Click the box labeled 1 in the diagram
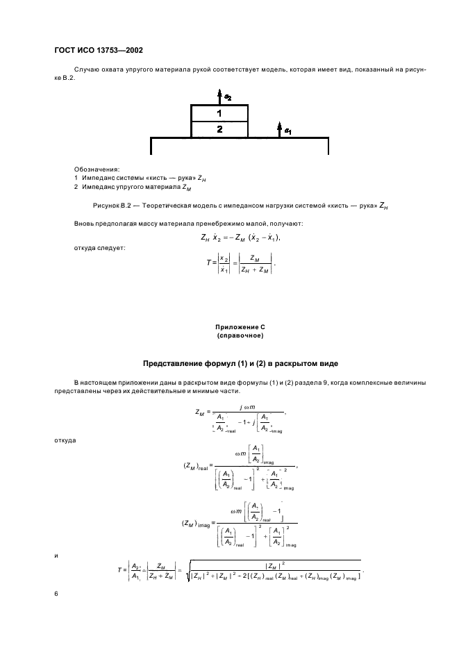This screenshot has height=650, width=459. click(x=219, y=112)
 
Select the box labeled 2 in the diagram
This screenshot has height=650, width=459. click(x=219, y=129)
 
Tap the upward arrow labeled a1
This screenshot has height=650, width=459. click(x=279, y=130)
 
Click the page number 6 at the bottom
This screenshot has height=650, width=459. click(x=57, y=594)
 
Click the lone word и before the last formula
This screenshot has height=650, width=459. click(x=56, y=555)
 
